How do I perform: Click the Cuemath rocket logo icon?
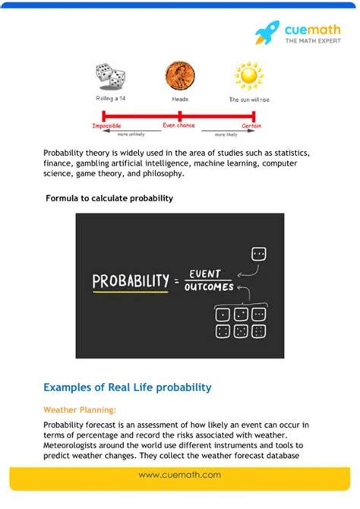267,33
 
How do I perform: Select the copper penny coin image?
179,76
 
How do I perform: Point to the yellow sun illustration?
248,76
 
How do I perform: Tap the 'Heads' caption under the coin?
179,100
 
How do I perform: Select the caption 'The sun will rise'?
248,100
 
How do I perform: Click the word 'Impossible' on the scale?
106,125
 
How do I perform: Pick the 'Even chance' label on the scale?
180,125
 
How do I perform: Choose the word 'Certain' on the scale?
252,125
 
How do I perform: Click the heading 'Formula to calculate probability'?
109,198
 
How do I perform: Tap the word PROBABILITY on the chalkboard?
130,281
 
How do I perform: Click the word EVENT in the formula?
205,273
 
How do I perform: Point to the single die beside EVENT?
258,254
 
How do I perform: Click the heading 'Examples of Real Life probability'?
128,387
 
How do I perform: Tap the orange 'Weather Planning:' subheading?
80,409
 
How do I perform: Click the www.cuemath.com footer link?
180,475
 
